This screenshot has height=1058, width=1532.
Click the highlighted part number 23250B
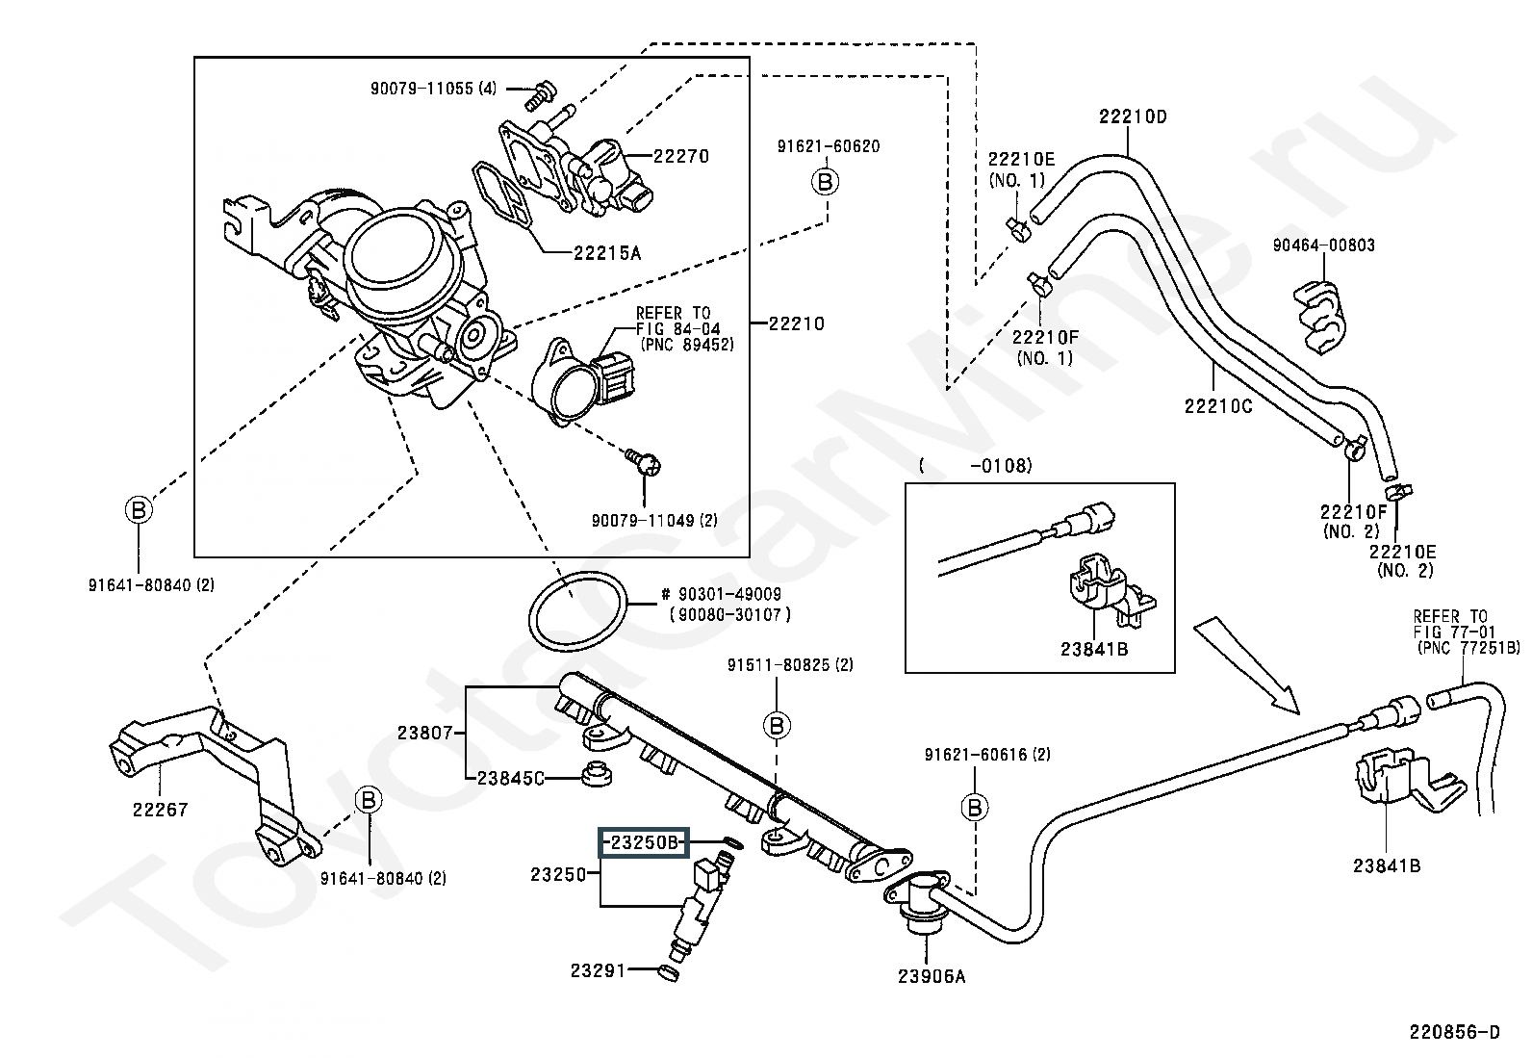(643, 843)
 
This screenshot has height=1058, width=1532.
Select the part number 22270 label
(681, 156)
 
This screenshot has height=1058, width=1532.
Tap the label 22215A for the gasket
(606, 253)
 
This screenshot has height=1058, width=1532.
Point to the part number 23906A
(931, 976)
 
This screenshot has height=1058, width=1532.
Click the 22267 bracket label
(161, 809)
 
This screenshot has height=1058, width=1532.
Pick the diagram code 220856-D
(1454, 1032)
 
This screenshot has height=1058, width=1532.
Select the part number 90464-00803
(1323, 245)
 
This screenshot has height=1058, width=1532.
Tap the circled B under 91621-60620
(827, 181)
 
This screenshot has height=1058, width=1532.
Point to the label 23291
(598, 970)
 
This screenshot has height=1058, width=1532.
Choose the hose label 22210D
(1133, 116)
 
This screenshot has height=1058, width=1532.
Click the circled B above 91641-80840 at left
(139, 508)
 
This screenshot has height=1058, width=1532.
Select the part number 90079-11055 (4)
(433, 89)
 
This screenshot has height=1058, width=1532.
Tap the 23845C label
(510, 778)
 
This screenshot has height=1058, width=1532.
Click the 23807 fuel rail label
(424, 733)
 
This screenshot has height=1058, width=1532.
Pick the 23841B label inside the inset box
(1094, 649)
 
